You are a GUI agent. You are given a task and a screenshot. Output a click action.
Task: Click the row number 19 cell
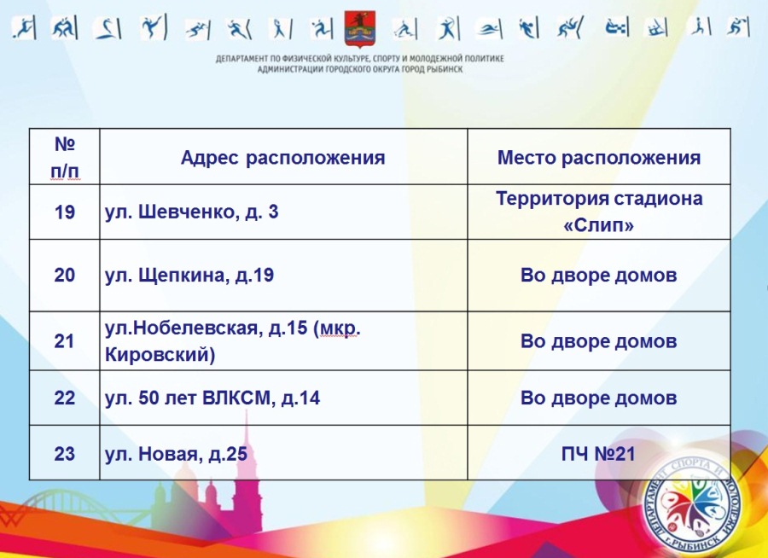64,212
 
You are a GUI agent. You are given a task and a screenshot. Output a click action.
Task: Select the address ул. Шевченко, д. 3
191,212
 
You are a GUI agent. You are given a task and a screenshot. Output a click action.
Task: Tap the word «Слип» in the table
598,225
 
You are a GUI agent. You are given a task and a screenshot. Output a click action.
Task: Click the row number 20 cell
64,275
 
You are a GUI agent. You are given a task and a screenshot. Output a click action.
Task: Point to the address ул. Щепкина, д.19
189,275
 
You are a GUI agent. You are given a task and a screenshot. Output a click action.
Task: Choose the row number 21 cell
64,341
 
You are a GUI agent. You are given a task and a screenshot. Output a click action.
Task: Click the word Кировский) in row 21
160,355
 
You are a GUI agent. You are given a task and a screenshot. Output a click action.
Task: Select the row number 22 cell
64,398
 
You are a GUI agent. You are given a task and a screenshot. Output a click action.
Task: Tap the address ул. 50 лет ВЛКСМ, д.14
212,398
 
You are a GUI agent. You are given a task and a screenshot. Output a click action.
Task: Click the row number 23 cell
64,454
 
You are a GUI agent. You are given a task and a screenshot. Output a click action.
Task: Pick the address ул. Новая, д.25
176,454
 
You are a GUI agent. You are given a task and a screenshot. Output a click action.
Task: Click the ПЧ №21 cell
598,454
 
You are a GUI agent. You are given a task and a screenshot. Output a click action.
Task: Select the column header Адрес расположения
282,158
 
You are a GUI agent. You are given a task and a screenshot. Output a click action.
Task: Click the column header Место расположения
598,158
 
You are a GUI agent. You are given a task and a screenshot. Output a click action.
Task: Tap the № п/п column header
65,158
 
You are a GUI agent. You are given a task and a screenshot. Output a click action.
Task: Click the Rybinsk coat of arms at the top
360,29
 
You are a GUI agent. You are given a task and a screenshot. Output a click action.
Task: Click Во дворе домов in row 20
598,275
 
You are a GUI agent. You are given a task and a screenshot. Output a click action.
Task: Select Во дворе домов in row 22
598,398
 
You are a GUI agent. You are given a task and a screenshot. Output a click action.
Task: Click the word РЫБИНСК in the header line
445,70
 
